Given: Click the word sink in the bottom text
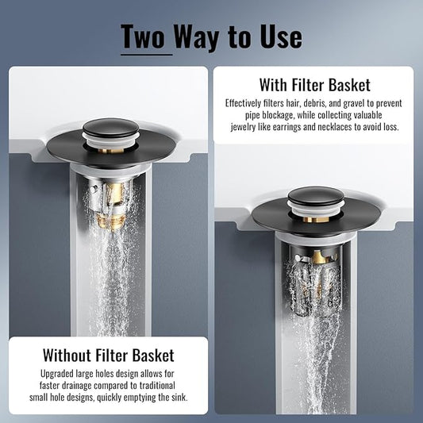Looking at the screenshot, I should pyautogui.click(x=177, y=398).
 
